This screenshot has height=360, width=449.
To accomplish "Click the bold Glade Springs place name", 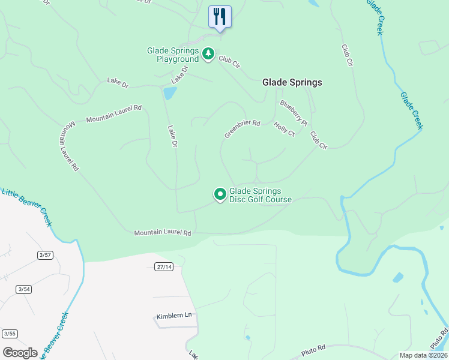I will [x=292, y=83].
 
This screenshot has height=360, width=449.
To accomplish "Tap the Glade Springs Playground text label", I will [x=173, y=55].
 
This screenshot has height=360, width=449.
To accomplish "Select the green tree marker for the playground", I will [x=208, y=55].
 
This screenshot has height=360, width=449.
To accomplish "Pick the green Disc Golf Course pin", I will [x=220, y=194].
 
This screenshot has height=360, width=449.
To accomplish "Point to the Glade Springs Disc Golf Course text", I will [x=260, y=196].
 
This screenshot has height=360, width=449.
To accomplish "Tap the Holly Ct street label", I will [x=284, y=129].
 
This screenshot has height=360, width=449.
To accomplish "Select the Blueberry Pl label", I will [x=293, y=113].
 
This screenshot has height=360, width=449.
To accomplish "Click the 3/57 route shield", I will [x=45, y=255].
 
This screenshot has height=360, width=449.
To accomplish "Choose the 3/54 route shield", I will [x=24, y=289].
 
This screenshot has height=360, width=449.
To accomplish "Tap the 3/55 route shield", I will [x=10, y=334].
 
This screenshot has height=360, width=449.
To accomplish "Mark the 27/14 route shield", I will [x=163, y=266].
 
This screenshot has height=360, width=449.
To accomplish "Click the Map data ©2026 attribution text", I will [x=423, y=355].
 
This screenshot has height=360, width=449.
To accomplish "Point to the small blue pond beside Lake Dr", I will [x=170, y=93].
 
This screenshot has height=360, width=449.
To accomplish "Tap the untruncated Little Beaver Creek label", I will [x=28, y=208].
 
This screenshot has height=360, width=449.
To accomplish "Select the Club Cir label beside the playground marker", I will [x=229, y=61].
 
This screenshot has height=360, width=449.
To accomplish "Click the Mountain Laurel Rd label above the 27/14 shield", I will [x=162, y=232].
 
